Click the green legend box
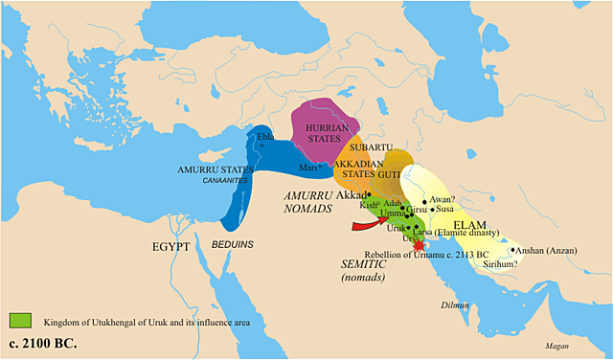pyautogui.click(x=21, y=319)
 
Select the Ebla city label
pyautogui.click(x=265, y=136)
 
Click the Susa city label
pyautogui.click(x=445, y=209)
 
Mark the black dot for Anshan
pyautogui.click(x=513, y=251)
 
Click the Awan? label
pyautogui.click(x=442, y=199)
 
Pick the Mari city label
pyautogui.click(x=308, y=168)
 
